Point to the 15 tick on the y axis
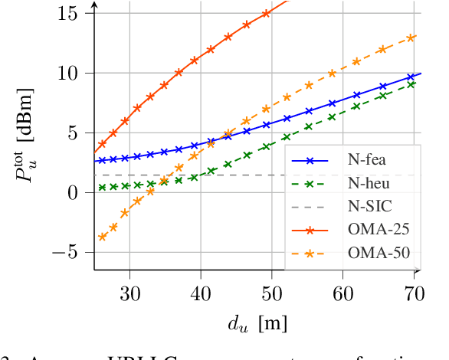tap(71, 13)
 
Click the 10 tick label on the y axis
tap(71, 73)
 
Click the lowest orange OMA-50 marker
tap(102, 237)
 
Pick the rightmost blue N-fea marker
tap(411, 77)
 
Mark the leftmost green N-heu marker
tap(102, 188)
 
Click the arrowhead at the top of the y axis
tap(94, 5)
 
